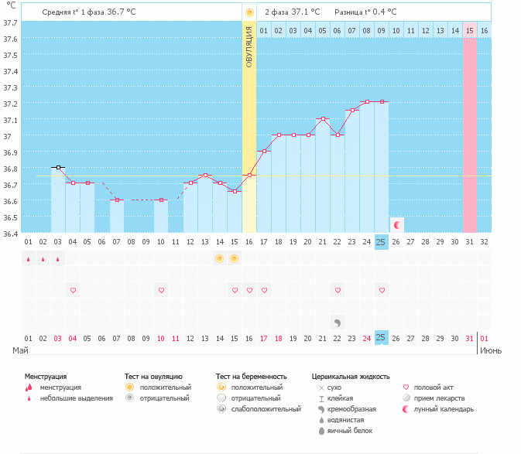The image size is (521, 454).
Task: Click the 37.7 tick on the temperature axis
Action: click(x=10, y=22)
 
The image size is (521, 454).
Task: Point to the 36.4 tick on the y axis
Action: click(x=10, y=233)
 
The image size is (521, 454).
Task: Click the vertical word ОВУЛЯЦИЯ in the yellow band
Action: click(x=249, y=46)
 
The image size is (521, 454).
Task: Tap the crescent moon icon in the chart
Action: click(x=397, y=225)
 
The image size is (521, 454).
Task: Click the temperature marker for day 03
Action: click(x=58, y=167)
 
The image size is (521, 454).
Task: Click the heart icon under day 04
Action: click(x=74, y=290)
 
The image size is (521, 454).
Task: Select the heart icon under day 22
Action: click(x=338, y=290)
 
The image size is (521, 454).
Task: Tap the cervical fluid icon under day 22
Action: click(x=338, y=322)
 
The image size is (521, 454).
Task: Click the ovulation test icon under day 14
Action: click(x=220, y=258)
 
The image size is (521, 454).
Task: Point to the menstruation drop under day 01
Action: click(x=29, y=259)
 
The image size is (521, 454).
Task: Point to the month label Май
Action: click(x=21, y=350)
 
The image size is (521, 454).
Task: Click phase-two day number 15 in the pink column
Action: click(x=470, y=30)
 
